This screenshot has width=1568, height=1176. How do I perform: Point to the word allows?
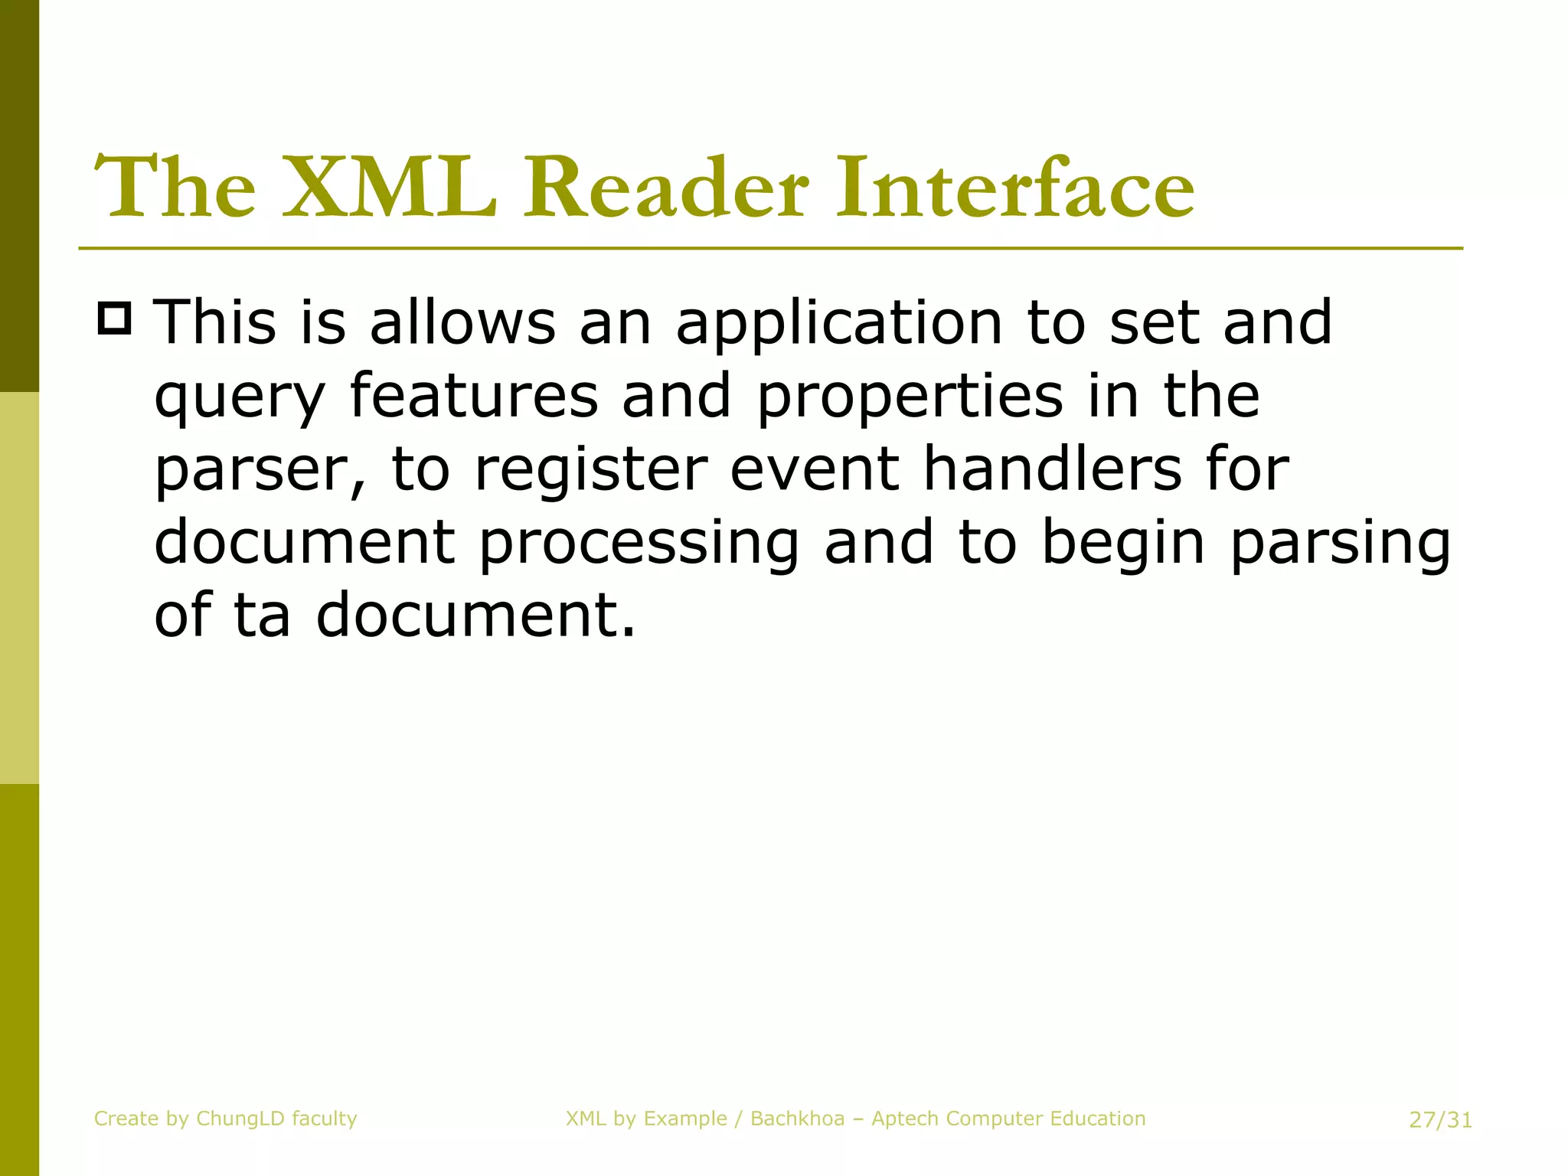point(462,322)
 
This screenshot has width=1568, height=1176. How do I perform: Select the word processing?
point(639,544)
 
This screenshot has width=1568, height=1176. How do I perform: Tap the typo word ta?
point(261,615)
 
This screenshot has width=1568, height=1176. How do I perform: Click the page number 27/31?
point(1440,1120)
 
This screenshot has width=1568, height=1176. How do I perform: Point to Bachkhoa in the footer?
point(797,1119)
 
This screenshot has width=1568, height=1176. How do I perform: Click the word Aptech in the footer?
point(906,1119)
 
